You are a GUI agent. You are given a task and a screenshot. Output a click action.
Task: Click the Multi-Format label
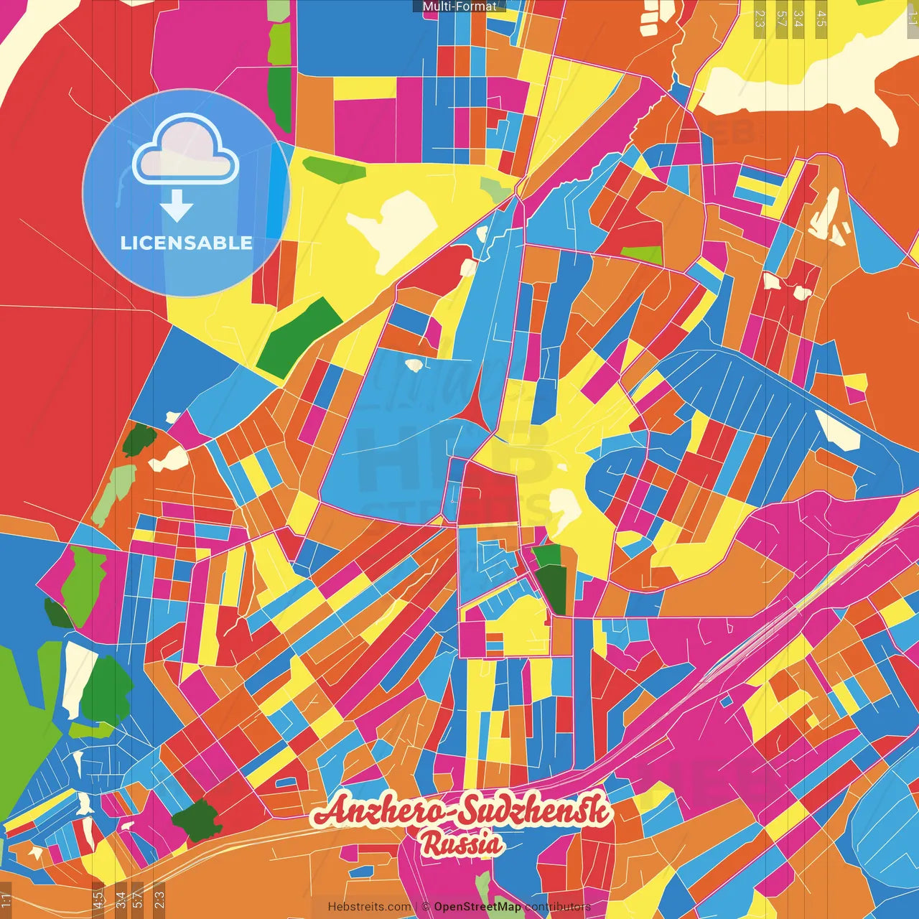pyautogui.click(x=459, y=6)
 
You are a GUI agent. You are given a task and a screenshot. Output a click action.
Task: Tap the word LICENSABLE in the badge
pyautogui.click(x=186, y=243)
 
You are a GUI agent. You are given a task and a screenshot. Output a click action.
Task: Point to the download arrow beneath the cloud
pyautogui.click(x=177, y=207)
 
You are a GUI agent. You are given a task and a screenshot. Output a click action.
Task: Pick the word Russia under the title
pyautogui.click(x=462, y=844)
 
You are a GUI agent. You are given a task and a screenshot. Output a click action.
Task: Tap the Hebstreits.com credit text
pyautogui.click(x=369, y=907)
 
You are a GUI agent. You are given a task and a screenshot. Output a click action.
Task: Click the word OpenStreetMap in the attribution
pyautogui.click(x=477, y=907)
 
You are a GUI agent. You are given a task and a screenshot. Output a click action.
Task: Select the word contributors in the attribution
pyautogui.click(x=558, y=907)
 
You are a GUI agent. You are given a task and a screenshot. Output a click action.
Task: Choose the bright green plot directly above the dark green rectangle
pyautogui.click(x=547, y=554)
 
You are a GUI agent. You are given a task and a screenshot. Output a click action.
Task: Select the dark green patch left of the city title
pyautogui.click(x=195, y=819)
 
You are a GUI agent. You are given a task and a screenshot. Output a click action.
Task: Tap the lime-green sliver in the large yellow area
pyautogui.click(x=334, y=168)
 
